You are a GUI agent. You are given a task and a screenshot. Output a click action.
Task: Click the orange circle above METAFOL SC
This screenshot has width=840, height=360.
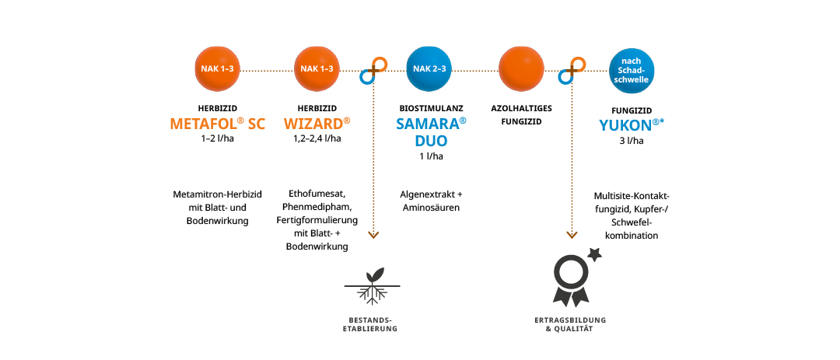point(217,69)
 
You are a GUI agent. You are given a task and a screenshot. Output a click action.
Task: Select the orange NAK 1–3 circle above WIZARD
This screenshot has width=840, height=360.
point(317,69)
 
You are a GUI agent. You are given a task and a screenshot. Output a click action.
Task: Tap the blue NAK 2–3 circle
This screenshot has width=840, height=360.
point(429,69)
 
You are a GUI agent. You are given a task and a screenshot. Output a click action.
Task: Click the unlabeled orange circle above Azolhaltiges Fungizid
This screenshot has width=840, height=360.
point(521,69)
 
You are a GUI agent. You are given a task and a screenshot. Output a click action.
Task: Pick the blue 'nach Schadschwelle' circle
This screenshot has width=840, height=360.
point(632,69)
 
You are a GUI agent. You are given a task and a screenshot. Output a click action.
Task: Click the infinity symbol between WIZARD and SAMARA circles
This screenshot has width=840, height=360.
point(373,71)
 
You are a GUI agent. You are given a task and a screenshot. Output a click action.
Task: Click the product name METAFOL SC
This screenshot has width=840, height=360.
point(217,124)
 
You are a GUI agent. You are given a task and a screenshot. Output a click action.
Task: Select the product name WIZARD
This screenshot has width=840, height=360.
point(317,124)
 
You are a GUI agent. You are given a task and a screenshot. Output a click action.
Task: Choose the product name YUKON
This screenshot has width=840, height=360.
point(632,125)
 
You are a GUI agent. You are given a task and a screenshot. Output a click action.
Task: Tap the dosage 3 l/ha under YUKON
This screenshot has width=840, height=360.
point(632,142)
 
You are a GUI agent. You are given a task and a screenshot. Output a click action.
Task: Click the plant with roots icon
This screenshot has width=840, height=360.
point(372,286)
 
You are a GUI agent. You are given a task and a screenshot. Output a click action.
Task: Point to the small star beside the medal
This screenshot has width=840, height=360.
point(596,253)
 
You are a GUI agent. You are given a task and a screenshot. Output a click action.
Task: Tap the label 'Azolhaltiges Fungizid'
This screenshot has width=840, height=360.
point(521,115)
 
